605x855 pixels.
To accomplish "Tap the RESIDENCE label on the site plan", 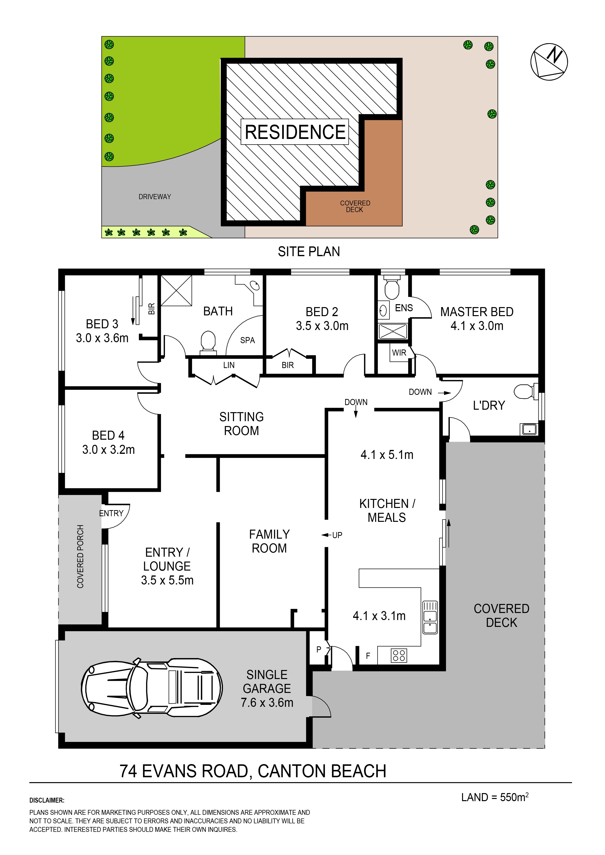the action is click(295, 132).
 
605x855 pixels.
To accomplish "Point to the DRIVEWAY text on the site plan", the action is click(155, 197).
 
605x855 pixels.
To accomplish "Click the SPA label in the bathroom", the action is click(248, 340).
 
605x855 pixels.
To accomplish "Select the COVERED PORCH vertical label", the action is click(80, 556).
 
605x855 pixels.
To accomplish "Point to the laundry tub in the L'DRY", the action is click(529, 429).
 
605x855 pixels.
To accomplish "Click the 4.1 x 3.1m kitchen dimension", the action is click(379, 616).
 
